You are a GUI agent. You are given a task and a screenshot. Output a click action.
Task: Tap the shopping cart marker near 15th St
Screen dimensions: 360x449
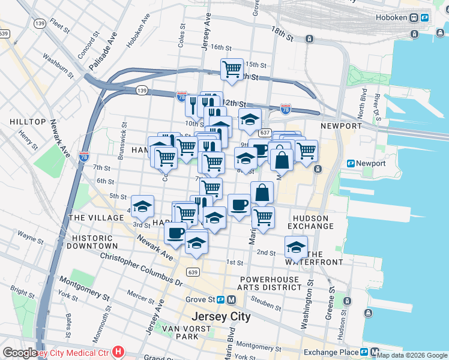tap(232, 69)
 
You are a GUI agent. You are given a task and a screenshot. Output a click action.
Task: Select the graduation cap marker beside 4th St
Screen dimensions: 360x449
tap(142, 206)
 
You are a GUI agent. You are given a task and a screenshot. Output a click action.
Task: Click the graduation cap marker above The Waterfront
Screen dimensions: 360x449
tap(296, 247)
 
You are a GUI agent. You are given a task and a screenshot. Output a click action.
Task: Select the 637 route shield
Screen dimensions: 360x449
tap(265, 133)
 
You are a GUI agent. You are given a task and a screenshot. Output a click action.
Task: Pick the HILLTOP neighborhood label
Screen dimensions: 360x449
tap(28, 122)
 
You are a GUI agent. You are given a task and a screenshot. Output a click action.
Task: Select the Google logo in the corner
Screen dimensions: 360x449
tap(20, 353)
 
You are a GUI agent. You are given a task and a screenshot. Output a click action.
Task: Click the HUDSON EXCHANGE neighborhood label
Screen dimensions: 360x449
tap(310, 222)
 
